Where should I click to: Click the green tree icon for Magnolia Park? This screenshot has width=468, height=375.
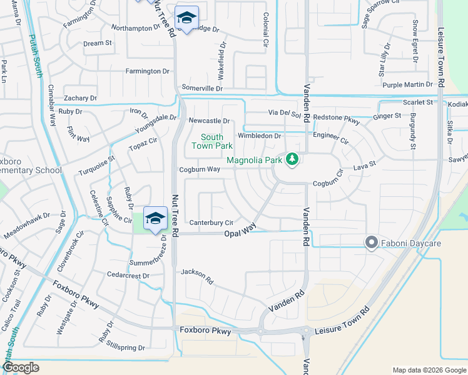(291, 161)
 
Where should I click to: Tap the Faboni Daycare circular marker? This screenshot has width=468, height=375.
(371, 242)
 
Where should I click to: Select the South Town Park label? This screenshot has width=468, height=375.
(211, 141)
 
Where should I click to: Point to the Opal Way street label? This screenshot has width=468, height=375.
(240, 232)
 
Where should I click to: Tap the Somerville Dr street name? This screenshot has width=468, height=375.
(202, 89)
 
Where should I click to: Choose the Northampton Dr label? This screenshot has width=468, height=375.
(136, 28)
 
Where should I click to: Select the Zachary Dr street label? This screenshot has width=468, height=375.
(80, 98)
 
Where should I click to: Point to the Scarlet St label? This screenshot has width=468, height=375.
(418, 102)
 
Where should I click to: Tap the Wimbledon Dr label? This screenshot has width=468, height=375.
(260, 136)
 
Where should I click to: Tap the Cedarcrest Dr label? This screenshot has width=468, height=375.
(128, 276)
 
